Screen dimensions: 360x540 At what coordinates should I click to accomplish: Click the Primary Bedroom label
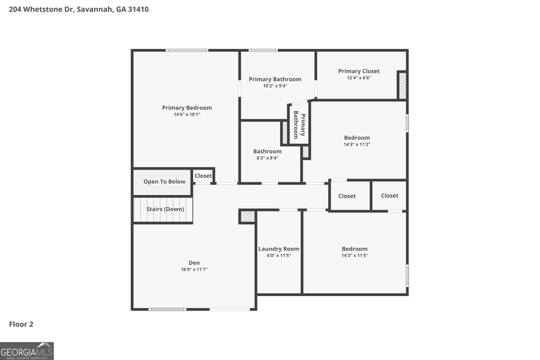tap(187, 108)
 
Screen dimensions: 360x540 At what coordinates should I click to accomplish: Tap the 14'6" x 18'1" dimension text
tap(187, 114)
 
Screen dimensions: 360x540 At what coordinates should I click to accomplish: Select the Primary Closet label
tap(359, 71)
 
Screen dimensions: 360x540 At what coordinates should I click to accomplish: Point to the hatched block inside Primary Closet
tap(402, 86)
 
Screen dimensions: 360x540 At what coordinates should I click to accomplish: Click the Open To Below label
tap(164, 182)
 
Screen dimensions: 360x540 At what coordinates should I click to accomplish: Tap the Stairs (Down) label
tap(165, 209)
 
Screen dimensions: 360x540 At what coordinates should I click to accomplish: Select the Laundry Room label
tap(279, 249)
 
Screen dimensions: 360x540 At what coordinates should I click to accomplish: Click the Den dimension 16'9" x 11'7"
tap(194, 269)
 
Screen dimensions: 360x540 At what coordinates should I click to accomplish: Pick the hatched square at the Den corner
tap(248, 216)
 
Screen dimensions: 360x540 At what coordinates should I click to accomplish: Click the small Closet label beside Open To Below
tap(203, 176)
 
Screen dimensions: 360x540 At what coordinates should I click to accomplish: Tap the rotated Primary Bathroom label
tap(299, 125)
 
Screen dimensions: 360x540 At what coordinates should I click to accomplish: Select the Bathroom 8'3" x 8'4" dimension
tap(267, 158)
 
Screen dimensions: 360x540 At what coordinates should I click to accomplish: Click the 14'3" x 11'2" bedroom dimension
tap(357, 144)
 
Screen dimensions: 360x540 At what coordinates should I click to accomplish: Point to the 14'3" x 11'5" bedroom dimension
tap(354, 255)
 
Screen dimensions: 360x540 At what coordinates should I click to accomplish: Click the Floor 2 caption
tap(21, 324)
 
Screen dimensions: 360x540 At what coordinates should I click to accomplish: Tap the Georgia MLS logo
tap(27, 351)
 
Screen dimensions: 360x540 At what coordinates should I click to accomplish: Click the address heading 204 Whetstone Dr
tap(79, 9)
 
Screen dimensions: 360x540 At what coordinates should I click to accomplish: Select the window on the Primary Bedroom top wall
tap(187, 50)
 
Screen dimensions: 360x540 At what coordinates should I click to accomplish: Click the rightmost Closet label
tap(389, 196)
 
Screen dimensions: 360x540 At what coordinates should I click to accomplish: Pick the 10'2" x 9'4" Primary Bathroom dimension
tap(275, 86)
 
